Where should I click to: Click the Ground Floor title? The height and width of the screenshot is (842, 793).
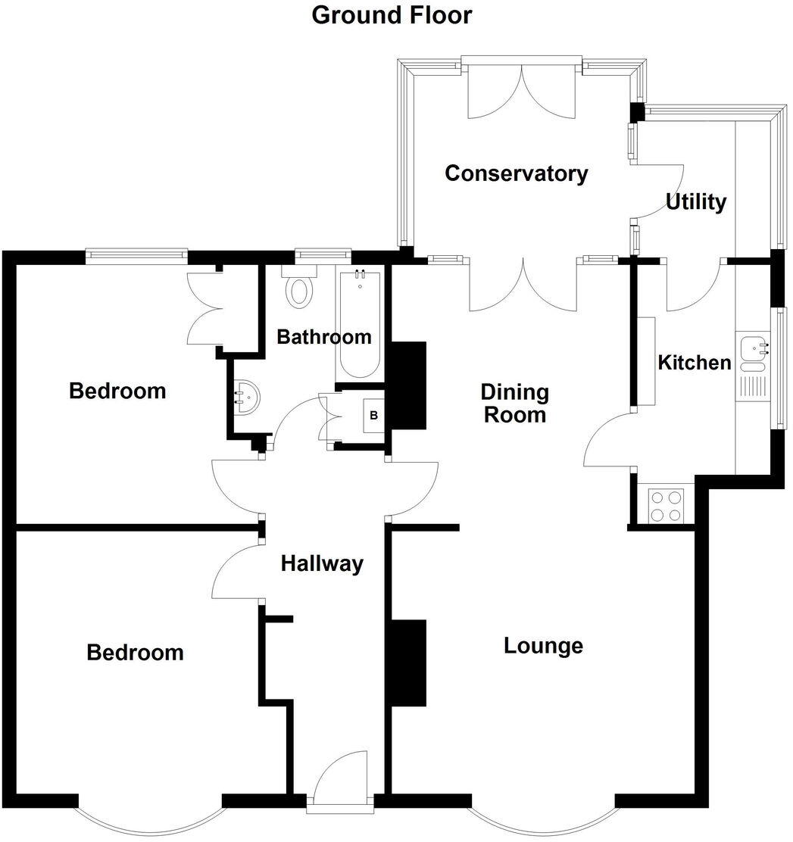(x=392, y=15)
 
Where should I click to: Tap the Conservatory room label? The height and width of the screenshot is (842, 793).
(x=516, y=173)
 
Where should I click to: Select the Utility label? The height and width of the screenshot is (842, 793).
(x=695, y=202)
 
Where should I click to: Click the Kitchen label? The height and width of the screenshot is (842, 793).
(x=694, y=363)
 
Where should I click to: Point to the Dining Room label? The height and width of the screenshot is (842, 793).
(x=514, y=403)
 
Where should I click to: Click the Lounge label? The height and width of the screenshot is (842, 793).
(x=543, y=646)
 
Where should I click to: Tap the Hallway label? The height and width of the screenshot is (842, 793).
(x=322, y=563)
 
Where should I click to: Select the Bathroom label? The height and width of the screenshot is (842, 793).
(x=323, y=337)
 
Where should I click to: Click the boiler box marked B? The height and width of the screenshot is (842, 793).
(x=373, y=415)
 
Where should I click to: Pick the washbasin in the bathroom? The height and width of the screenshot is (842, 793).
(x=247, y=394)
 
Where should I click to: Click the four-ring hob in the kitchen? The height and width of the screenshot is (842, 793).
(x=666, y=505)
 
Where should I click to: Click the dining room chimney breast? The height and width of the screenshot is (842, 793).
(x=409, y=386)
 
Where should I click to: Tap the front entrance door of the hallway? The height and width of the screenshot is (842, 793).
(x=338, y=780)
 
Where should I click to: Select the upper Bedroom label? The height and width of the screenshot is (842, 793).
(x=117, y=391)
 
